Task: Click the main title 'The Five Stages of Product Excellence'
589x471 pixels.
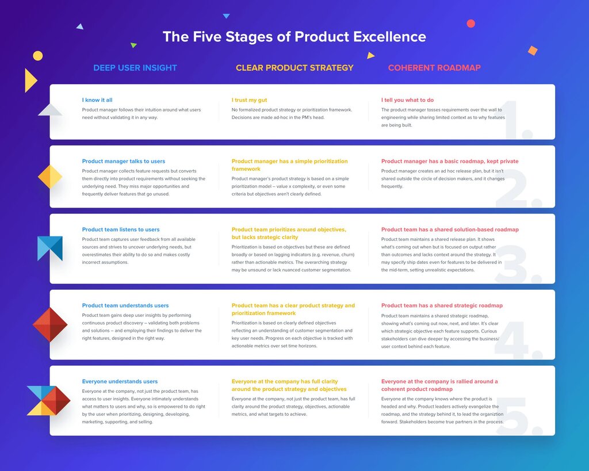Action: click(x=294, y=37)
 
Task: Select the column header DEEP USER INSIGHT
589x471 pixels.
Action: click(x=135, y=68)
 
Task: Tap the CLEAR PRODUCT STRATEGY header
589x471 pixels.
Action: click(x=294, y=68)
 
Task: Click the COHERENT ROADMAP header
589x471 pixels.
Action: click(x=434, y=68)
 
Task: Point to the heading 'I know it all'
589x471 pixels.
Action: click(x=97, y=100)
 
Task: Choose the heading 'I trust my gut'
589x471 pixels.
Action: click(x=249, y=100)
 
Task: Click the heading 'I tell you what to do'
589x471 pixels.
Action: click(x=407, y=100)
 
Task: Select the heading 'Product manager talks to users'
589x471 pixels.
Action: click(x=124, y=162)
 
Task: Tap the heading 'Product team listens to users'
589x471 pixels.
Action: click(x=121, y=229)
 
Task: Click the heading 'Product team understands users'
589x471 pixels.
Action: click(x=125, y=305)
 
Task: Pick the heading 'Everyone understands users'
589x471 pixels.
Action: click(x=120, y=381)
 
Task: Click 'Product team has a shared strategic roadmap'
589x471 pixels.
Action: click(x=442, y=305)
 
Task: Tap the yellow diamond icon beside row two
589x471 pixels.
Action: click(x=50, y=177)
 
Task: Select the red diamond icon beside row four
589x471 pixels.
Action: click(x=50, y=325)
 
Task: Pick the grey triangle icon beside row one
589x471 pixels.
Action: click(x=50, y=110)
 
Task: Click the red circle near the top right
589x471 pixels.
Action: click(x=471, y=24)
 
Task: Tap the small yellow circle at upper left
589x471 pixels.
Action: click(x=38, y=56)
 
